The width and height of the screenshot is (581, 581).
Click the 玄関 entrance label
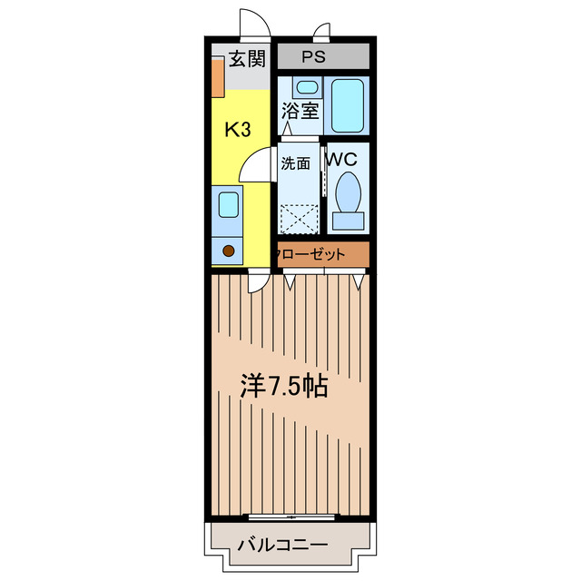point(246,60)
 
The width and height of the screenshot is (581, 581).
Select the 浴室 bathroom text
point(300,113)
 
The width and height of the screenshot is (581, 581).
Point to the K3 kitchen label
point(238,129)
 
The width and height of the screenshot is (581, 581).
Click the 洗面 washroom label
point(295,164)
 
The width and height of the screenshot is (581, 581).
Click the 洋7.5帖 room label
point(283,387)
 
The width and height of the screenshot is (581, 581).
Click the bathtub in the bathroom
point(347,105)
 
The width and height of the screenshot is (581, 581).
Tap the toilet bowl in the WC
point(347,192)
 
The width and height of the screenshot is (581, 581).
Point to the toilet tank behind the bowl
point(347,220)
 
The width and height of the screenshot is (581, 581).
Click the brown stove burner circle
point(229,250)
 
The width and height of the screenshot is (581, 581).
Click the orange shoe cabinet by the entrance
point(218,77)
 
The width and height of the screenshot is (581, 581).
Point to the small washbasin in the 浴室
point(308,88)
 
